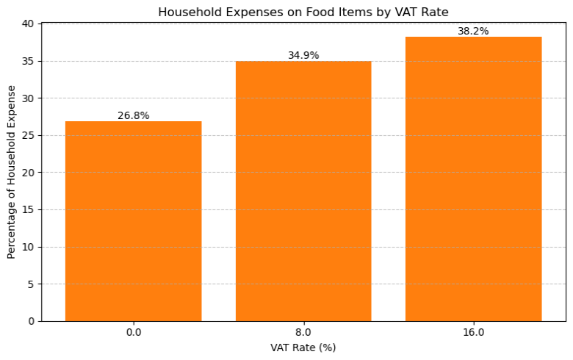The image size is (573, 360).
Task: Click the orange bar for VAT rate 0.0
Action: tap(133, 220)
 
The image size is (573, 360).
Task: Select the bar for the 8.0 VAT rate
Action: tap(303, 191)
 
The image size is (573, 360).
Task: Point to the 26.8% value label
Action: tap(133, 115)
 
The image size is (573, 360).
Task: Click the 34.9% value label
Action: tap(303, 55)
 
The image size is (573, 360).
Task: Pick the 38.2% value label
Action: tap(473, 31)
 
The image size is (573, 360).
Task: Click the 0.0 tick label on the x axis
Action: tap(133, 332)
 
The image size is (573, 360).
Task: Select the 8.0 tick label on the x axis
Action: tap(303, 332)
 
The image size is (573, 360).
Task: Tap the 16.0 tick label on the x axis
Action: tap(473, 332)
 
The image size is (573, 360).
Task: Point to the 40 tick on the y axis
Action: tap(28, 24)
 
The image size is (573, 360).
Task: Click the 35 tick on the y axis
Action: tap(28, 61)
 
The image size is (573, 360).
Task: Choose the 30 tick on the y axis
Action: tap(28, 98)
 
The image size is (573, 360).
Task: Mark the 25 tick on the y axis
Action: tap(28, 135)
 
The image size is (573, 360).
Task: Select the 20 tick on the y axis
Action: tap(28, 173)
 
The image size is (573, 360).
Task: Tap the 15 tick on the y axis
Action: tap(28, 209)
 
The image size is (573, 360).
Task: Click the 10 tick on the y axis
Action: tap(28, 247)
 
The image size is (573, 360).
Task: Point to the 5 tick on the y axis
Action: tap(31, 284)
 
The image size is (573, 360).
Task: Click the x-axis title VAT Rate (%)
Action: tap(303, 348)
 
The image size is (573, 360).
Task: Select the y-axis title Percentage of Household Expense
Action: tap(11, 172)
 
